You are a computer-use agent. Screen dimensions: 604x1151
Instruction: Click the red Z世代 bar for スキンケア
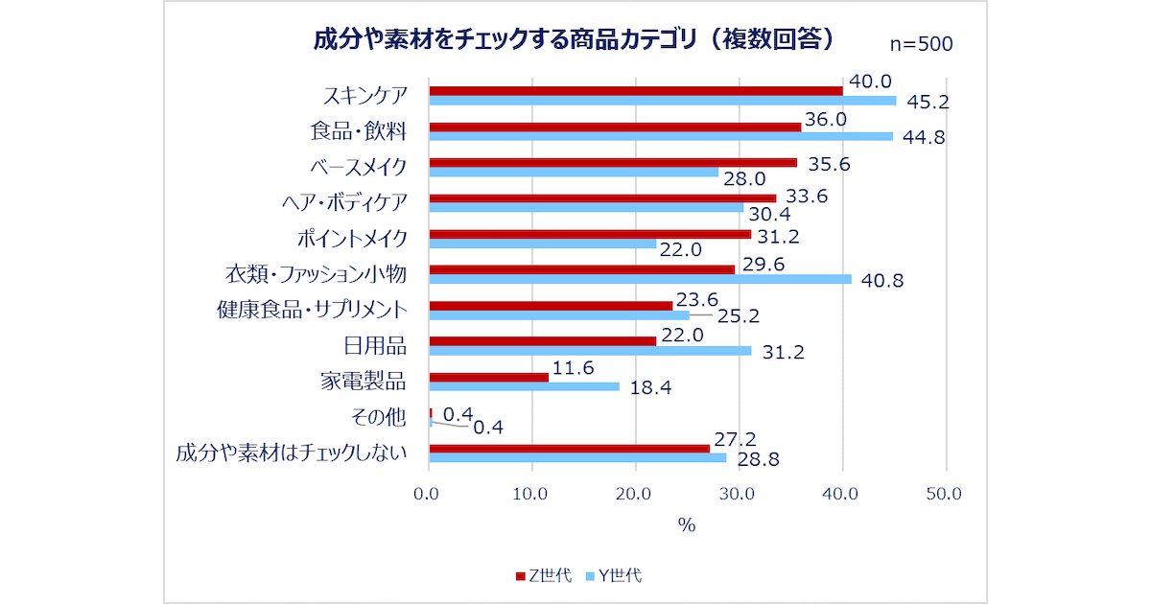pos(635,90)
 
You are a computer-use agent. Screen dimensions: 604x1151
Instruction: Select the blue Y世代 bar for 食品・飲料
pos(661,136)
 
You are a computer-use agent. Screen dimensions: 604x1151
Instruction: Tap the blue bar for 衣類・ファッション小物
pos(640,279)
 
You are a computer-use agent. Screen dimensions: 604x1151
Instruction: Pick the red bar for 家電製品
pos(488,377)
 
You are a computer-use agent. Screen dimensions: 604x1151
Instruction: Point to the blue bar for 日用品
pos(590,351)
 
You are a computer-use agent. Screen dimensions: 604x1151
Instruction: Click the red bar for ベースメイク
pos(613,162)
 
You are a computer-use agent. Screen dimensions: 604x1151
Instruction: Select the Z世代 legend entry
pos(544,575)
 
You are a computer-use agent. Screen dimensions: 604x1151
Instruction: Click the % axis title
pos(686,524)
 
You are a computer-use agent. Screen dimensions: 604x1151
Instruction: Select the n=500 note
pos(921,44)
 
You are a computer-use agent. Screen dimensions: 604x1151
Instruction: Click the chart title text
pos(574,39)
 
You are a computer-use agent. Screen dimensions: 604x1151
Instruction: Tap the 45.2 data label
pos(923,101)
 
